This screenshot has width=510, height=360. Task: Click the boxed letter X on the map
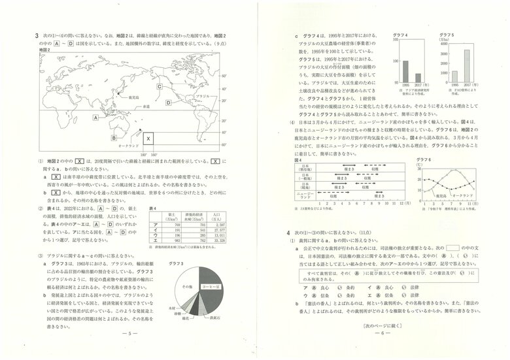click(x=148, y=139)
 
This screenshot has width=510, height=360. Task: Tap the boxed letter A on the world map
click(x=95, y=118)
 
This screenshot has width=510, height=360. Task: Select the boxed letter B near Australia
click(x=114, y=138)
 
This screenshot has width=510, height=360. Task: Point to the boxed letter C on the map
click(x=159, y=86)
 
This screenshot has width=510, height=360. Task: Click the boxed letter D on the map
click(x=168, y=103)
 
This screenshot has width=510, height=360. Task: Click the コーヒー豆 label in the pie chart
click(x=211, y=287)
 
